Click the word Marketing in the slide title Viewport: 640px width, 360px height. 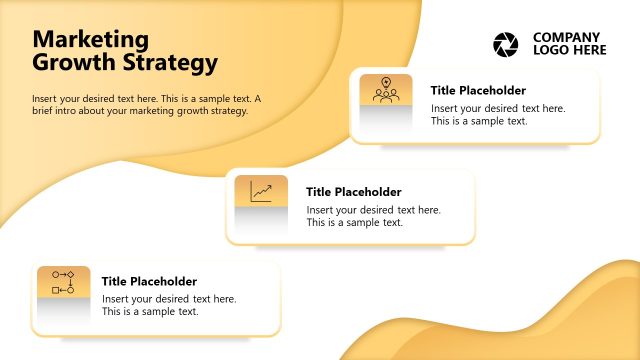pyautogui.click(x=91, y=40)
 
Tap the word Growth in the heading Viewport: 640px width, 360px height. pyautogui.click(x=71, y=63)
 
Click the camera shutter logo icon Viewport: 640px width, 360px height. pyautogui.click(x=507, y=44)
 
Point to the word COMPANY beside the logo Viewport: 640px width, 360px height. pyautogui.click(x=567, y=37)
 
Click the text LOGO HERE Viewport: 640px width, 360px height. pyautogui.click(x=570, y=50)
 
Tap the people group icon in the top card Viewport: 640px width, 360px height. pyautogui.click(x=386, y=95)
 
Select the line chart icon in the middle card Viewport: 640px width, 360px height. pyautogui.click(x=261, y=191)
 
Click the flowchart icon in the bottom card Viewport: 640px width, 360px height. pyautogui.click(x=63, y=282)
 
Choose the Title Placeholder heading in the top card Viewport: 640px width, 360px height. pyautogui.click(x=478, y=90)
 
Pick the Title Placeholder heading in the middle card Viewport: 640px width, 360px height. pyautogui.click(x=354, y=192)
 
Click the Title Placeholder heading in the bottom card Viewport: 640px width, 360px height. pyautogui.click(x=149, y=282)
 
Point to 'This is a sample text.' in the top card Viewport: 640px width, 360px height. pyautogui.click(x=479, y=121)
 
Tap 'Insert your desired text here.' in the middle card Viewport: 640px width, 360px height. pyautogui.click(x=373, y=210)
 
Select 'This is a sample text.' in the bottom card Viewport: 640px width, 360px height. pyautogui.click(x=150, y=312)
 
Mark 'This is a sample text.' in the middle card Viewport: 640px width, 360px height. pyautogui.click(x=355, y=223)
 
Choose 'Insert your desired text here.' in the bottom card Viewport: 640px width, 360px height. pyautogui.click(x=169, y=299)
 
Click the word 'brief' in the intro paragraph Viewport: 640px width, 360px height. pyautogui.click(x=45, y=111)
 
